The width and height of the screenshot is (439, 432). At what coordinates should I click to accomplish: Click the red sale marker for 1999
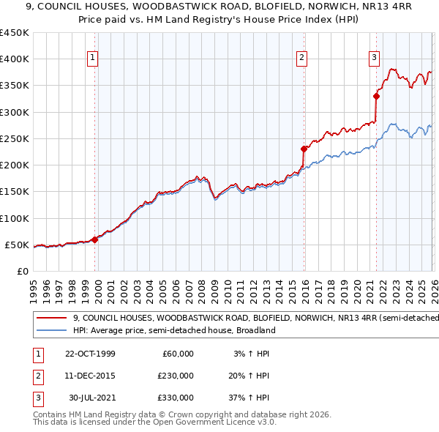[95, 239]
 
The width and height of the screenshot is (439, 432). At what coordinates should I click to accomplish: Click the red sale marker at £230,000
[304, 149]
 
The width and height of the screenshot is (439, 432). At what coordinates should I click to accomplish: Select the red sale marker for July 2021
[376, 95]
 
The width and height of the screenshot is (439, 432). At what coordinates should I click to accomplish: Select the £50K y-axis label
[17, 245]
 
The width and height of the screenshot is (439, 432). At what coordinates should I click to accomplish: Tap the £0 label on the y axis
[21, 271]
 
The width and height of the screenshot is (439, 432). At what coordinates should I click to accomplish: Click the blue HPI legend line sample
[51, 331]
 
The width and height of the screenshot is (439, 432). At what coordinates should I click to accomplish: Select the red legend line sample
[51, 318]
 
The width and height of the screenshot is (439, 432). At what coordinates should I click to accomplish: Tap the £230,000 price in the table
[176, 376]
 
